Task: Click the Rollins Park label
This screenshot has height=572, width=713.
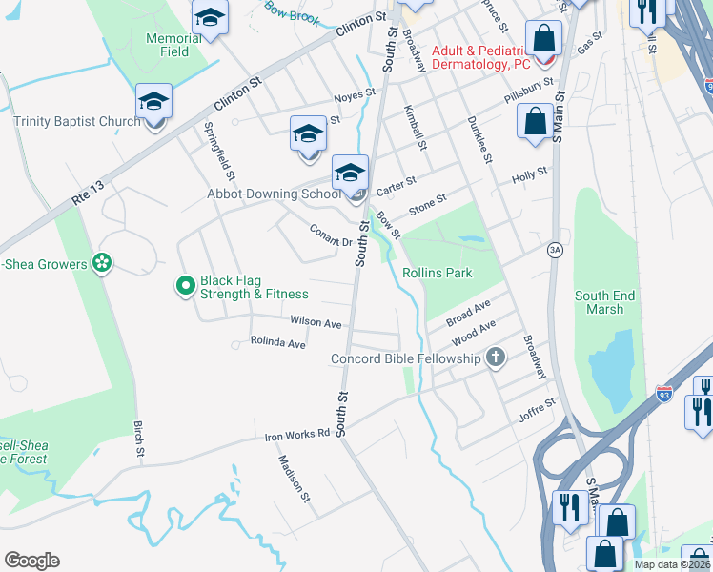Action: click(x=438, y=273)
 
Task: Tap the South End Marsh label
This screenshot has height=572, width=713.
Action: click(x=605, y=302)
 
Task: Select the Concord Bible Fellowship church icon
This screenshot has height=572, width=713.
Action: click(x=495, y=358)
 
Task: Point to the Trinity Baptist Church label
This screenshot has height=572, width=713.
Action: click(x=76, y=121)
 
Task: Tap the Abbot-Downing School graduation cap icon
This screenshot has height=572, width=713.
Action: click(x=350, y=174)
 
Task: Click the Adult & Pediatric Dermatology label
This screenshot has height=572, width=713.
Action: click(x=480, y=57)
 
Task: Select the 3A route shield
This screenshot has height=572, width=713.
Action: click(x=555, y=250)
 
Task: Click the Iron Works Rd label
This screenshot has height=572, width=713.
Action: click(x=296, y=435)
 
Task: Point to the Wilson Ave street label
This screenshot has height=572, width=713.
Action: click(x=316, y=323)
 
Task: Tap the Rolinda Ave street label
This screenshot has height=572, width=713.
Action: click(x=277, y=341)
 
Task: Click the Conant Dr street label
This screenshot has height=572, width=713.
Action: click(x=332, y=235)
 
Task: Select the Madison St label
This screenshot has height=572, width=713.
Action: click(x=294, y=478)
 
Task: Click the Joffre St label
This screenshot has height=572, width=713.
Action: click(x=537, y=409)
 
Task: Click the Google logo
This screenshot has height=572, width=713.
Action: click(x=31, y=561)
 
